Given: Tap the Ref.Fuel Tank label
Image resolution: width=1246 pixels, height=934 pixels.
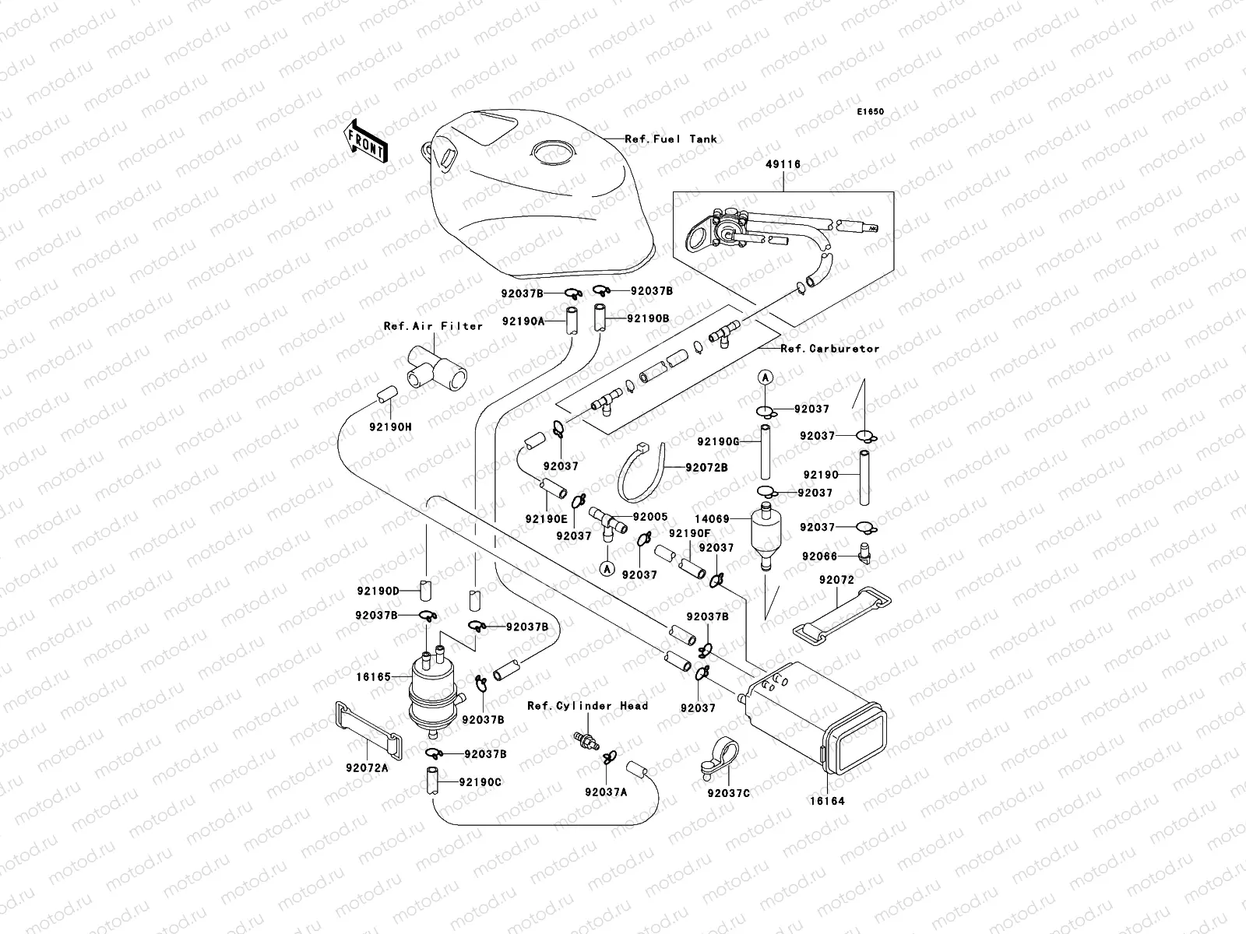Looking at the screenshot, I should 671,139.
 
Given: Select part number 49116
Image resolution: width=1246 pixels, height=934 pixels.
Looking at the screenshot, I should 783,164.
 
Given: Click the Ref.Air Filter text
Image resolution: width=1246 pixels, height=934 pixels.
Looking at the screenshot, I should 433,326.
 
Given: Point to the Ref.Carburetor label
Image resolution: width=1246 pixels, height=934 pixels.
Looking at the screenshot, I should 829,349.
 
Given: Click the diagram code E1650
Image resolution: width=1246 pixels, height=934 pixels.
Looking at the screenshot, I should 871,112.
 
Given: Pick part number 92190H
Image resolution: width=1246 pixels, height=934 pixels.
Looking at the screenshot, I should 390,427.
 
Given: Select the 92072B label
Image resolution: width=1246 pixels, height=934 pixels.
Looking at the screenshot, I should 706,467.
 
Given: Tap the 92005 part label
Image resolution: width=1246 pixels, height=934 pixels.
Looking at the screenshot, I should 650,516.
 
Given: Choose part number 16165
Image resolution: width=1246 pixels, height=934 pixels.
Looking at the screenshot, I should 374,677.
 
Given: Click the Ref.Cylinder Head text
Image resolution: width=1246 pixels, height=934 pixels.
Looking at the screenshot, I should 587,706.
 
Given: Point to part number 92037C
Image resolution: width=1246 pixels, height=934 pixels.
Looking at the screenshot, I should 728,794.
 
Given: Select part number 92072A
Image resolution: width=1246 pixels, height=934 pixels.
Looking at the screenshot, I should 367,767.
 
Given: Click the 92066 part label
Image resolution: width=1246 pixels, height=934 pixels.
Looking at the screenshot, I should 818,557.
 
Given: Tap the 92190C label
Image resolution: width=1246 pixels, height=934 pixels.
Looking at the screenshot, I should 480,782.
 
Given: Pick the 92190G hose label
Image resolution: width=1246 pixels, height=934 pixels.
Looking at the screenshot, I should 717,442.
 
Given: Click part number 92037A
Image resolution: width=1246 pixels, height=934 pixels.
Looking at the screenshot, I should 606,792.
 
